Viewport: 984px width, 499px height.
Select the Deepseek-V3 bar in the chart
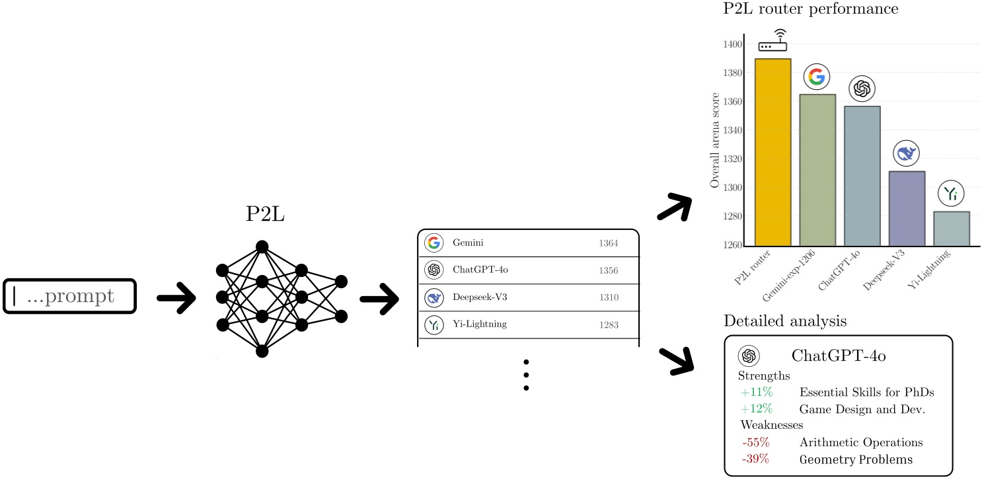coord(906,208)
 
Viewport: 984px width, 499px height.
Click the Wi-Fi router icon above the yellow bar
coord(773,41)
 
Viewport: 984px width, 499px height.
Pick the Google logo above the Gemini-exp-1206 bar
coord(816,77)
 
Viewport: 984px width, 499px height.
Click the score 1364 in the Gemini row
coord(608,243)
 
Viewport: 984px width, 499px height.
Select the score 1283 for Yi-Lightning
coord(608,325)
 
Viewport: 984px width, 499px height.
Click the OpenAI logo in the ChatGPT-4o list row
coord(434,270)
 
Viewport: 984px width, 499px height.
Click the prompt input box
coord(69,296)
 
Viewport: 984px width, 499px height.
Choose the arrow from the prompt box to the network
coord(176,298)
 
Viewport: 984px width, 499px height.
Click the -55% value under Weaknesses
coord(755,442)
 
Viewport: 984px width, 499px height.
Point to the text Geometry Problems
coord(856,459)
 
